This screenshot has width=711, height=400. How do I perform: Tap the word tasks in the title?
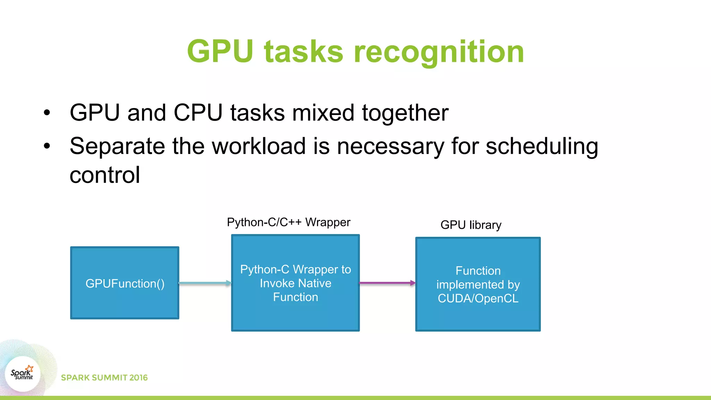tap(303, 52)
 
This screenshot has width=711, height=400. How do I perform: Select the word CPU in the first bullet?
tap(198, 113)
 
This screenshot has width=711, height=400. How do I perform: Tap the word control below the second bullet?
tap(105, 175)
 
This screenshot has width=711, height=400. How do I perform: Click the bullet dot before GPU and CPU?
tap(47, 113)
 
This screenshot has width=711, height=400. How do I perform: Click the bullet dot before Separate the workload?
tap(47, 146)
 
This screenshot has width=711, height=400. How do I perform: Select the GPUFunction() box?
tap(125, 283)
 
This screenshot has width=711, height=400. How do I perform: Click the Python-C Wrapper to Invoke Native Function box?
tap(295, 283)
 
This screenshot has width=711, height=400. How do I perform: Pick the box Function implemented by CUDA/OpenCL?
tap(478, 284)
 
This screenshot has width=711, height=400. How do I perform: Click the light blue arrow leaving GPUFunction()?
tap(205, 283)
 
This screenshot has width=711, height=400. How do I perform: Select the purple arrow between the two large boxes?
tap(387, 283)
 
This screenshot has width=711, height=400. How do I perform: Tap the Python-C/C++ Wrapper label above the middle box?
tap(288, 222)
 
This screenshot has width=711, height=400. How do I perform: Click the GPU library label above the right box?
tap(471, 225)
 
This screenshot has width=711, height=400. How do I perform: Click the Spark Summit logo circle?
tap(23, 374)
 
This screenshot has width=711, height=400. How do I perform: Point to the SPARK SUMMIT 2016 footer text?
tap(104, 378)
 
